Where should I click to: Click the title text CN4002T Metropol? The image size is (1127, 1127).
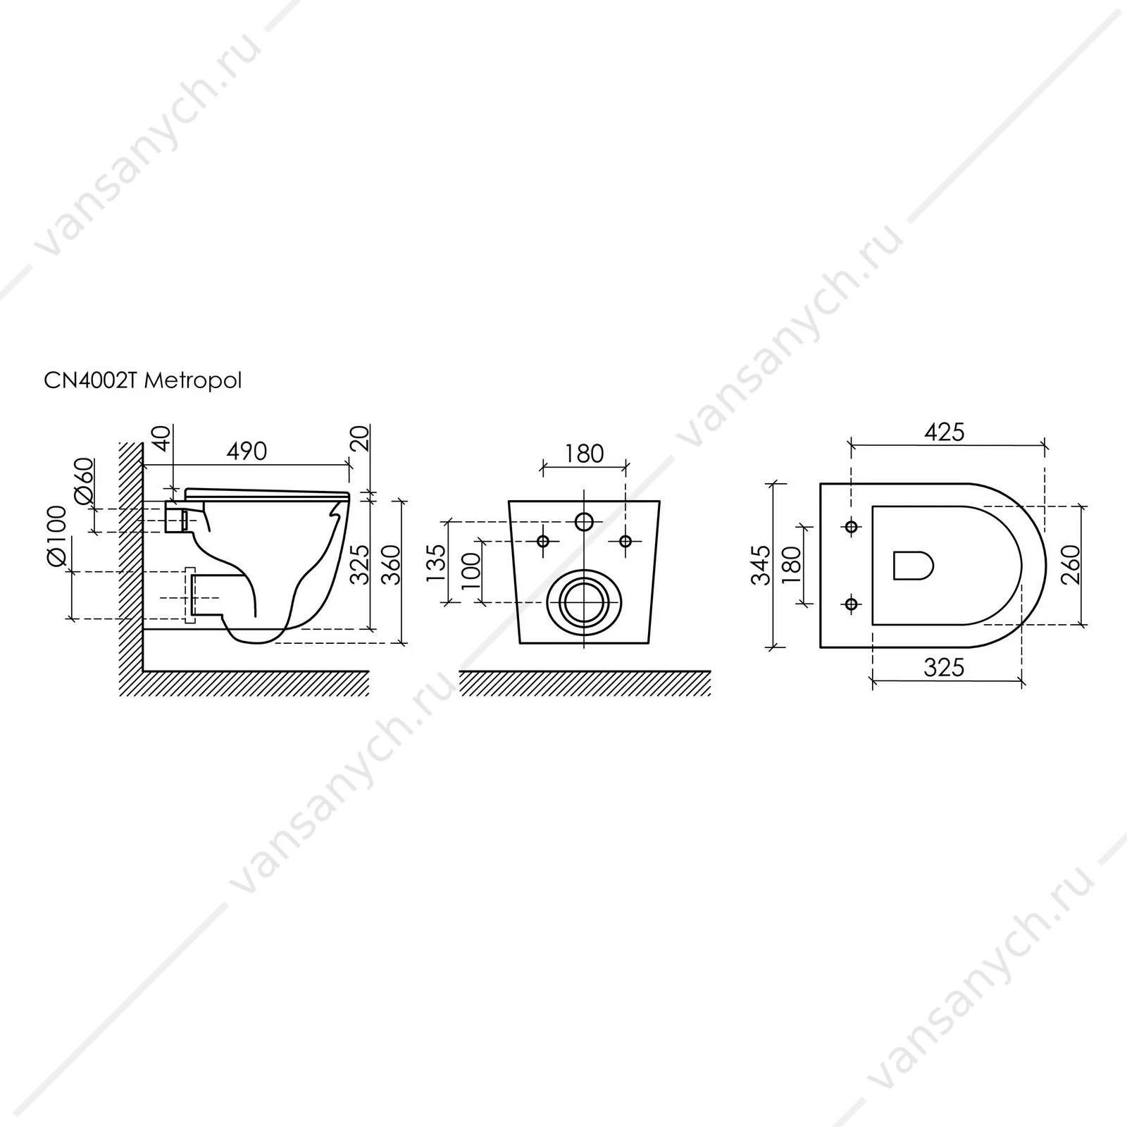click(143, 381)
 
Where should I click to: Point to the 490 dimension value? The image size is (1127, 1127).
click(247, 451)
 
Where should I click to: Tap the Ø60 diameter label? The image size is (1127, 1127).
click(84, 480)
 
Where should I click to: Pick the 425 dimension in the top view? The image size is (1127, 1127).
click(944, 432)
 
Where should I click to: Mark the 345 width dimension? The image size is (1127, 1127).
click(761, 565)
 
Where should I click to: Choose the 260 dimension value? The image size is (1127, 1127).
click(1069, 565)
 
